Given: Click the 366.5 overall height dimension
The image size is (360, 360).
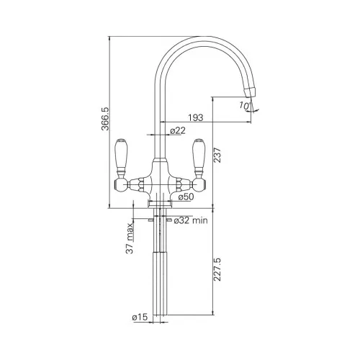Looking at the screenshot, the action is [105, 119].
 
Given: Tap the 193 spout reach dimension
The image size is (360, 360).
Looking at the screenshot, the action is [195, 117].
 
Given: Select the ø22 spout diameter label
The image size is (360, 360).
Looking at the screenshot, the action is [178, 130].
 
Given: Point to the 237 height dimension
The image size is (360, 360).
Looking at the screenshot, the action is [217, 156].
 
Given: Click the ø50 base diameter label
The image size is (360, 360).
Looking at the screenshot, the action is [186, 197].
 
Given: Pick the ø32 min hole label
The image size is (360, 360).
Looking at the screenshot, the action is [191, 220].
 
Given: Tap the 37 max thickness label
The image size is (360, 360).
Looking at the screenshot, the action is [130, 238].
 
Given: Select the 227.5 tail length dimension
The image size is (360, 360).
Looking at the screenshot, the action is [217, 269].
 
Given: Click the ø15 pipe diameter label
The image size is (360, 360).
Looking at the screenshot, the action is [140, 318].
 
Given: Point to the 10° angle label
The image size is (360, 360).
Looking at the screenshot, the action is [245, 106].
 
